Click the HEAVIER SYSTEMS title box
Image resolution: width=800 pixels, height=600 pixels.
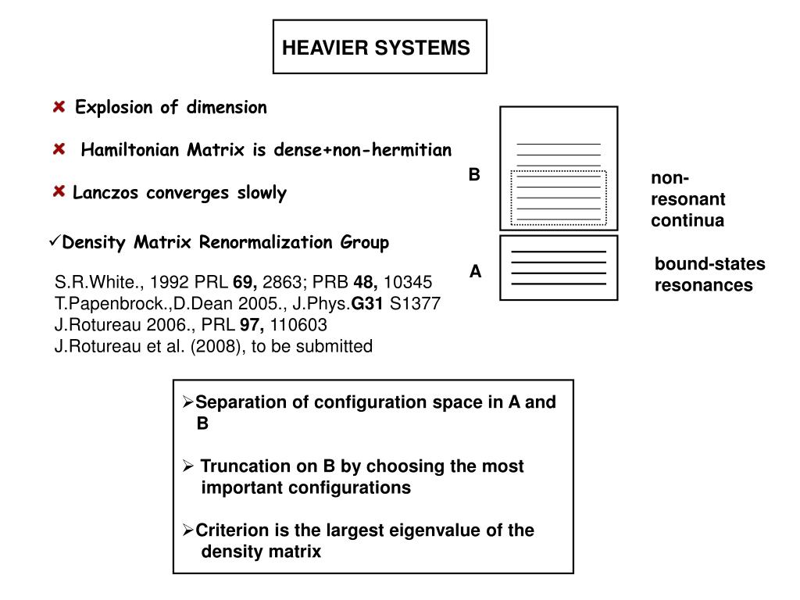380,48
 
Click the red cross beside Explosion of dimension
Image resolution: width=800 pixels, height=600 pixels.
59,107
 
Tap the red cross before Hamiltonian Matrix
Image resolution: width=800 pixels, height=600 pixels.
59,149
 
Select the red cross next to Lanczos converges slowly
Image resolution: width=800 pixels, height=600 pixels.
59,192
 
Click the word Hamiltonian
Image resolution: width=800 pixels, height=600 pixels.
125,150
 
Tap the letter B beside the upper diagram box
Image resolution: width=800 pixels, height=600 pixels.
474,175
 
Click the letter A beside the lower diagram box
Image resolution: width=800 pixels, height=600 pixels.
475,272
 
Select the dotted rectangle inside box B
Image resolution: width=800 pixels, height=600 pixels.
559,197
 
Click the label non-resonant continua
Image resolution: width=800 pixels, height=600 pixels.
687,200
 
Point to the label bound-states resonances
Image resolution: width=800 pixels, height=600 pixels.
709,275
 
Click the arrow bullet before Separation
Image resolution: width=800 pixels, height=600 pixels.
188,403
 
